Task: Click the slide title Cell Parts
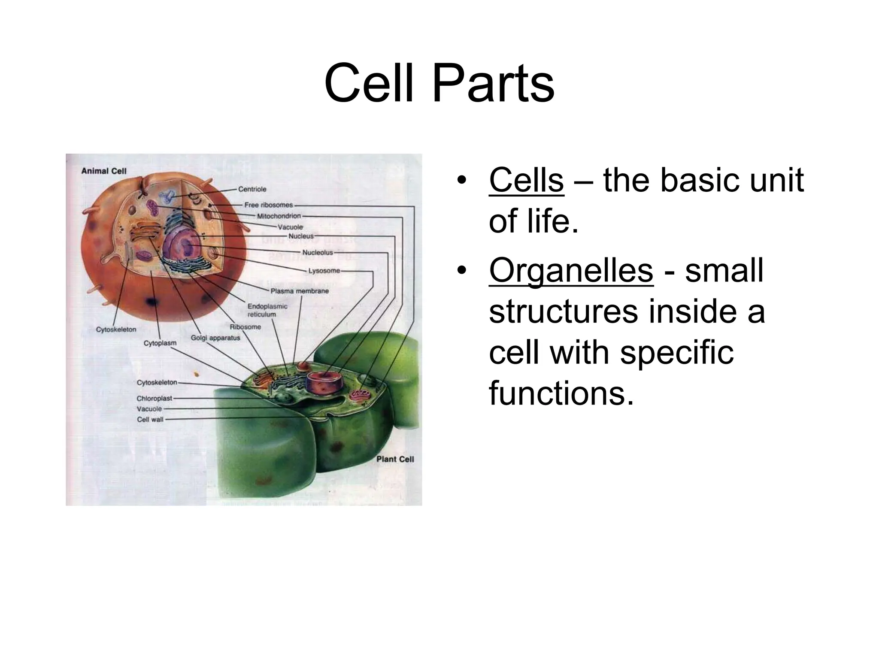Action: point(439,83)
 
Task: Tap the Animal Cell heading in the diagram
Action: point(104,171)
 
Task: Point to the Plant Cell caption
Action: point(395,459)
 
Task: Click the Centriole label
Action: point(252,189)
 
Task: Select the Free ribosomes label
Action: point(268,205)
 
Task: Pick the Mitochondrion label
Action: point(279,216)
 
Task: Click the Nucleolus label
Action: point(318,253)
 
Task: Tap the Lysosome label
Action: point(324,271)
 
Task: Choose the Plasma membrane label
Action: point(300,291)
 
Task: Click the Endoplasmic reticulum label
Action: point(267,310)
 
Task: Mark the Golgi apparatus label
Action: point(215,338)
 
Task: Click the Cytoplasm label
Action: point(160,343)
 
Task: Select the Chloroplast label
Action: point(155,398)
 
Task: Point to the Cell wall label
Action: point(150,419)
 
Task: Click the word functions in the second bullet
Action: point(561,394)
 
